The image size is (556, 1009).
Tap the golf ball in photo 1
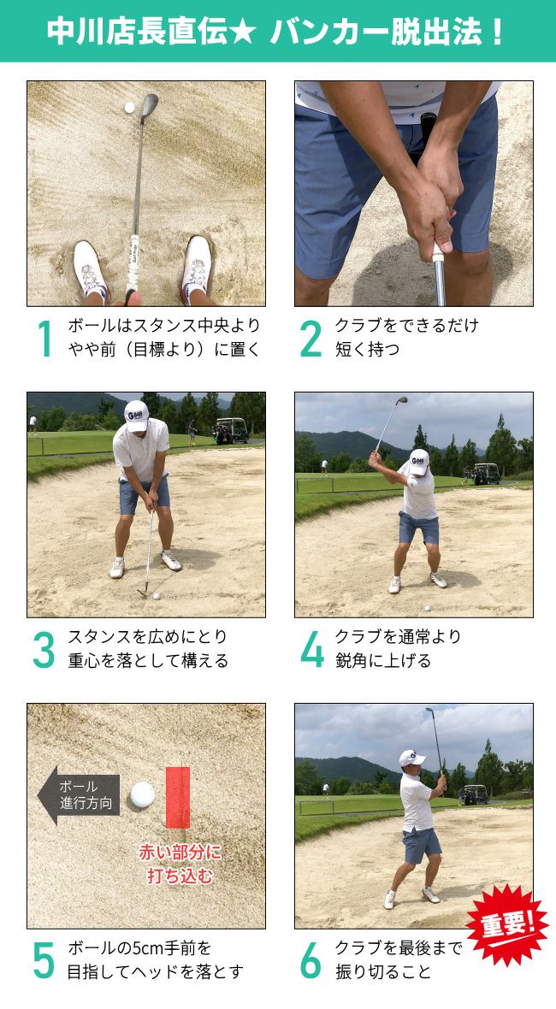pyautogui.click(x=129, y=108)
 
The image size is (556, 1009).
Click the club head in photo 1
pyautogui.click(x=150, y=106)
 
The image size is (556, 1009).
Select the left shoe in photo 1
pyautogui.click(x=91, y=269)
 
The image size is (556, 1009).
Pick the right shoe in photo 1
pyautogui.click(x=196, y=267)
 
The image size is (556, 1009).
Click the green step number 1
pyautogui.click(x=44, y=339)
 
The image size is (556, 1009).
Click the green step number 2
pyautogui.click(x=311, y=339)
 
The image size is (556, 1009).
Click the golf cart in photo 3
pyautogui.click(x=232, y=430)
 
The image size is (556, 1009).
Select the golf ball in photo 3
pyautogui.click(x=157, y=597)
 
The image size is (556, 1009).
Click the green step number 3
pyautogui.click(x=44, y=650)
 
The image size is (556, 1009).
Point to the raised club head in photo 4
pyautogui.click(x=401, y=400)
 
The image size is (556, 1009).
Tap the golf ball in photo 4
pyautogui.click(x=427, y=607)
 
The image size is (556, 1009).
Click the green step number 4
pyautogui.click(x=312, y=650)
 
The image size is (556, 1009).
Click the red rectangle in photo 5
pyautogui.click(x=178, y=797)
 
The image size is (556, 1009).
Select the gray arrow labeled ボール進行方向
pyautogui.click(x=79, y=795)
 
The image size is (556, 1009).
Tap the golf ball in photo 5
pyautogui.click(x=142, y=794)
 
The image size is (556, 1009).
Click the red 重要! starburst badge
pyautogui.click(x=507, y=925)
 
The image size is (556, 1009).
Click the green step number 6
pyautogui.click(x=311, y=961)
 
